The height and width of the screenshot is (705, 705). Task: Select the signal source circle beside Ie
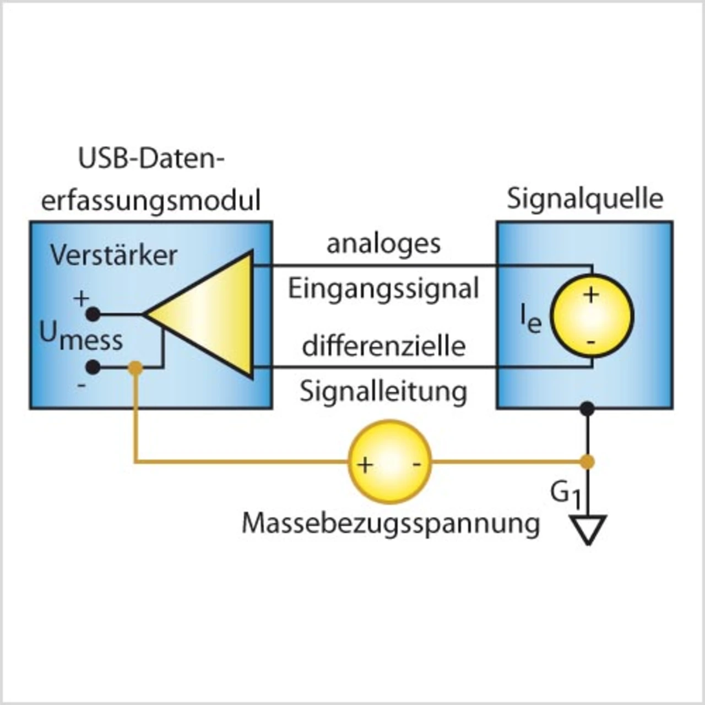tap(592, 315)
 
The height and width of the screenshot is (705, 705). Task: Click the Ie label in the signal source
tap(531, 321)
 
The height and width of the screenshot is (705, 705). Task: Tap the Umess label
tap(81, 337)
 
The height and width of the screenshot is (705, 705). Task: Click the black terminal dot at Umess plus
tap(93, 314)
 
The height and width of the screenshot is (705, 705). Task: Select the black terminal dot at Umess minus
tap(93, 367)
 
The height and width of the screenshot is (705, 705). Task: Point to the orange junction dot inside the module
tap(136, 368)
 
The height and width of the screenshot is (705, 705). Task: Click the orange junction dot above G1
tap(588, 462)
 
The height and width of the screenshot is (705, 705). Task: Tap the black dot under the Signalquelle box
tap(588, 408)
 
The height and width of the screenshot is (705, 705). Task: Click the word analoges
tap(383, 245)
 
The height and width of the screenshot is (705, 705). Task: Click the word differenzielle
tap(384, 345)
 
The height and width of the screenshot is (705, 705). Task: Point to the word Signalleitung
tap(383, 392)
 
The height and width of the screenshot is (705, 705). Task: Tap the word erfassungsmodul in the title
tap(151, 200)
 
